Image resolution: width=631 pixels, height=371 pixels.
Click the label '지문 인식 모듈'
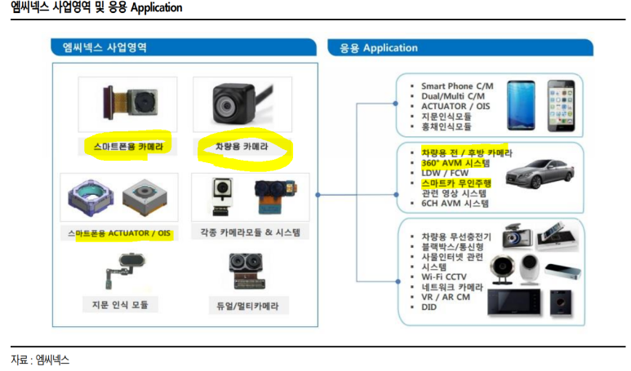[x=119, y=305]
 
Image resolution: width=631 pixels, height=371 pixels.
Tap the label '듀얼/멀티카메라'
[x=250, y=305]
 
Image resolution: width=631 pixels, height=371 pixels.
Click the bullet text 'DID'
[x=430, y=308]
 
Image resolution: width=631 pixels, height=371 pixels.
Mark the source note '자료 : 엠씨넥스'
[x=40, y=360]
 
